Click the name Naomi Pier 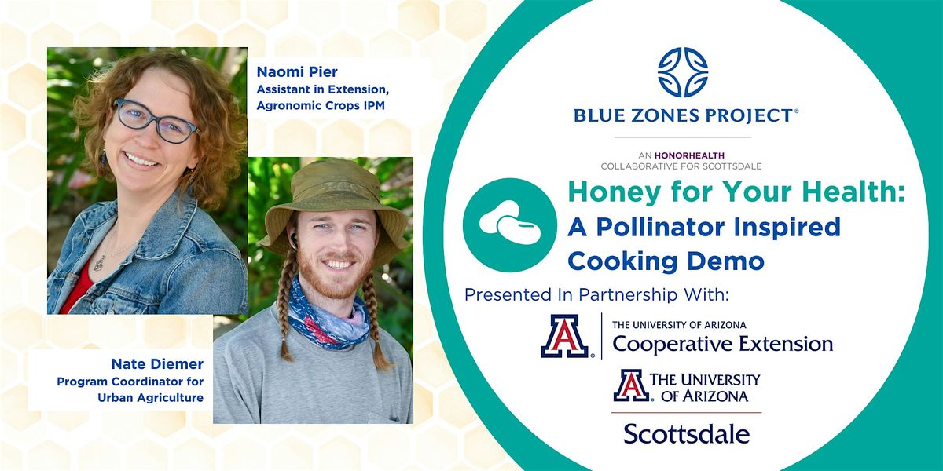coord(297,72)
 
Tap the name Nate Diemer coord(157,363)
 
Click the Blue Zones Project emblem coord(683,72)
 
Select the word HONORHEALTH coord(689,155)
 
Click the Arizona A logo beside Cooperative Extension coord(565,336)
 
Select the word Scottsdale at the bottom coord(687,433)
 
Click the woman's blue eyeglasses coord(156,121)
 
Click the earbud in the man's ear coord(293,240)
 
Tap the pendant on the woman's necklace coord(98,264)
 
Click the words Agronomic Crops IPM coord(321,105)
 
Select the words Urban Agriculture coord(151,397)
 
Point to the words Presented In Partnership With coord(596,294)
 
